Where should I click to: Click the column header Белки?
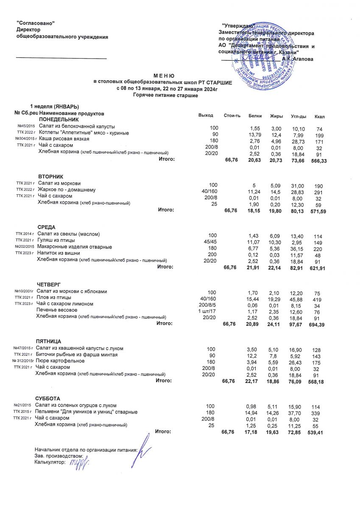pyautogui.click(x=254, y=116)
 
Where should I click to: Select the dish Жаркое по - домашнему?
pyautogui.click(x=67, y=189)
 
